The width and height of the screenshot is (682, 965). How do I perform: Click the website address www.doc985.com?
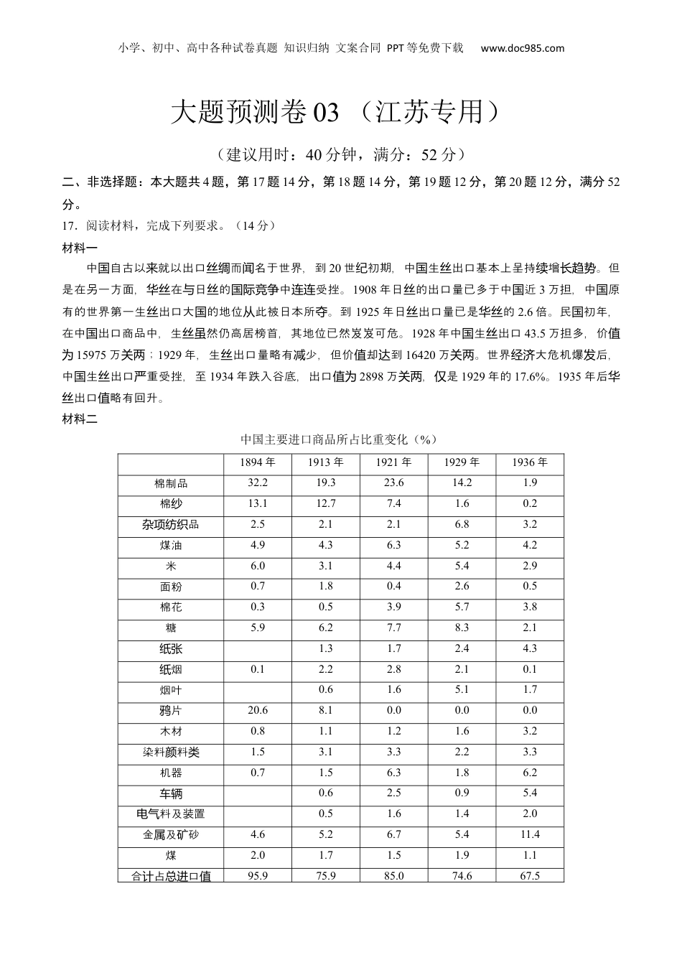coord(522,49)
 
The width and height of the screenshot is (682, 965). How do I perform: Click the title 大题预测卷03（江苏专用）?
coord(335,112)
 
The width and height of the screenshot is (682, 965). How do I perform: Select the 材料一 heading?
coord(80,248)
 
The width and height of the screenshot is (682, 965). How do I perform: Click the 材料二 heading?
coord(80,419)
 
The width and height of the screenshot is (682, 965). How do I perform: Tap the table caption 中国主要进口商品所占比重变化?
coord(339,439)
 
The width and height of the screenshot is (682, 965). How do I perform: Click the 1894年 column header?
coord(258,462)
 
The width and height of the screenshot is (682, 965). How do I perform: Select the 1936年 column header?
coord(530,462)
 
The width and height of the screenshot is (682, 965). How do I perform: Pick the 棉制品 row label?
coord(171,483)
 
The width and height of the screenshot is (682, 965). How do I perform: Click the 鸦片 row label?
coord(171,711)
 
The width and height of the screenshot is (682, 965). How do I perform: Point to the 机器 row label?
coord(171,773)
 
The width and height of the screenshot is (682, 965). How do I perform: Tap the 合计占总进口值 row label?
coord(171,876)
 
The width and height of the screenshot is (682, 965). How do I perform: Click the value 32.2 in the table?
coord(258,483)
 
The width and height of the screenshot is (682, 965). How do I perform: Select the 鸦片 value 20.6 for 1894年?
coord(258,710)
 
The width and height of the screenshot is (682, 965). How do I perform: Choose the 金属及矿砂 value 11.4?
coord(530,834)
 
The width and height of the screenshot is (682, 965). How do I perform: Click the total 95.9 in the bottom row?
coord(258,876)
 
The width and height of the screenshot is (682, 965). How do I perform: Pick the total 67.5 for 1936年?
coord(530,876)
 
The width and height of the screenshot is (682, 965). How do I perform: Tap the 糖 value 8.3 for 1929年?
coord(462,628)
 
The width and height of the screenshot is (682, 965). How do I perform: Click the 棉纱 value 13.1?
coord(258,503)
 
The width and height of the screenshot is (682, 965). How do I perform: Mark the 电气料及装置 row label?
coord(171,814)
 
